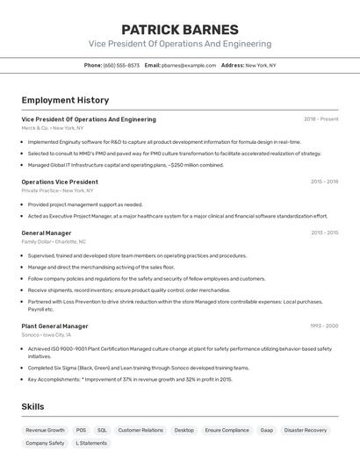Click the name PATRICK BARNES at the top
coord(179,29)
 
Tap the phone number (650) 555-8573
coord(121,65)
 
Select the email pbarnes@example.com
coord(189,65)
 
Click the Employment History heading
coord(65,101)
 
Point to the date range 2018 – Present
coord(320,119)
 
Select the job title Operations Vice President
coord(60,182)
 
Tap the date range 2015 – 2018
coord(324,182)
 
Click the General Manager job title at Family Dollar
coord(47,232)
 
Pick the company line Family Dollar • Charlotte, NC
coord(54,241)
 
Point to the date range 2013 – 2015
coord(324,232)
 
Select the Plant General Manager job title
coord(54,325)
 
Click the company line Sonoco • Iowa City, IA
coord(47,334)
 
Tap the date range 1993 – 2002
coord(324,325)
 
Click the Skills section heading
coord(32,406)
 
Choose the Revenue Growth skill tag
coord(45,431)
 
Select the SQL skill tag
coord(102,431)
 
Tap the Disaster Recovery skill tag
coord(305,431)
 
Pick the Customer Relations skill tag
coord(140,431)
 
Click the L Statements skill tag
coord(91,443)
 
